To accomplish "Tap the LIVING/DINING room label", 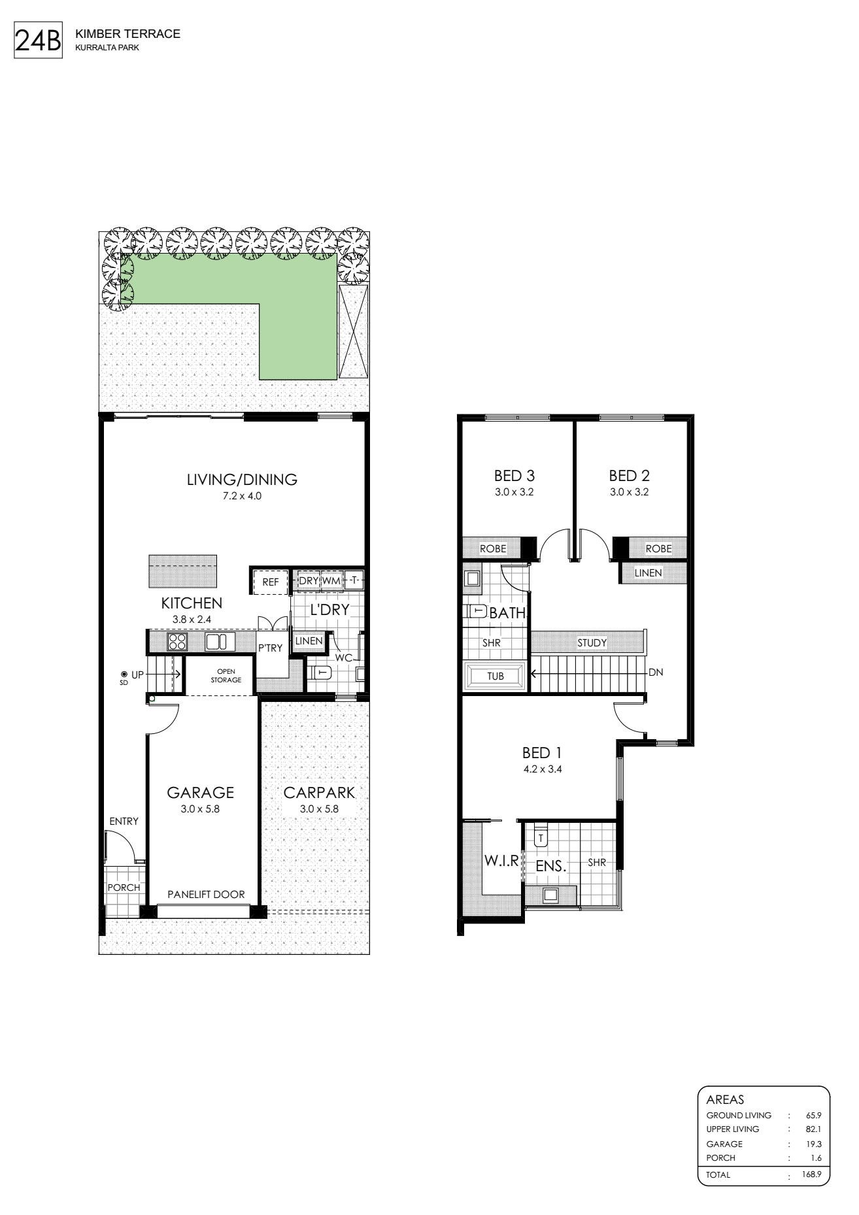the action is [x=242, y=480].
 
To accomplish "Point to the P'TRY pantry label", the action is [x=271, y=648].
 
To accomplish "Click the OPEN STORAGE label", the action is [x=226, y=676].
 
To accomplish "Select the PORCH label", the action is [x=124, y=888].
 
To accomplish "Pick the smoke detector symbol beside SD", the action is [x=123, y=674].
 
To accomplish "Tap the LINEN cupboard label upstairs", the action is [x=648, y=573].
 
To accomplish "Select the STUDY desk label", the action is [x=592, y=643].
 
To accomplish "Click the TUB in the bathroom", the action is [x=496, y=676].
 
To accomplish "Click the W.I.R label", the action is [x=501, y=861].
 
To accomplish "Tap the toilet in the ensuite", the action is [x=540, y=835].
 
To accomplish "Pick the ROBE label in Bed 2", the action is [x=658, y=549].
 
